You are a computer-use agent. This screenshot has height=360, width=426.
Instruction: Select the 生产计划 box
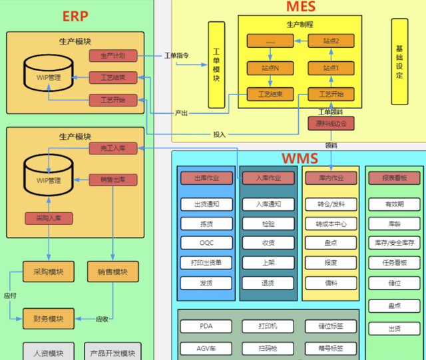click(x=113, y=55)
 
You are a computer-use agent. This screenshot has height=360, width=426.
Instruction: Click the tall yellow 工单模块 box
click(x=217, y=65)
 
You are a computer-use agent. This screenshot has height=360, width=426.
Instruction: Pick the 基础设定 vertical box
click(x=399, y=62)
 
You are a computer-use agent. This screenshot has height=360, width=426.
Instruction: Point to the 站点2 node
click(x=331, y=41)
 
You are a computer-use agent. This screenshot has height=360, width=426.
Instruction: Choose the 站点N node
click(x=270, y=68)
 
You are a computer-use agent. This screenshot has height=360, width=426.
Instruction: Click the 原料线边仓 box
click(x=331, y=123)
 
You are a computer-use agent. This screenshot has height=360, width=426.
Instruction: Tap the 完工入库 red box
click(x=113, y=148)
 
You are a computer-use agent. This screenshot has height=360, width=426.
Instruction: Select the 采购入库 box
click(x=49, y=218)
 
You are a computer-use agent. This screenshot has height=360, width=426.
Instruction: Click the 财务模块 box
click(x=48, y=319)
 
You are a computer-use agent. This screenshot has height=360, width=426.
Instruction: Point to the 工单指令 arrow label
click(x=176, y=55)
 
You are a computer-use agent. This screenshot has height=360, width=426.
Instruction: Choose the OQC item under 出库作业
click(x=206, y=243)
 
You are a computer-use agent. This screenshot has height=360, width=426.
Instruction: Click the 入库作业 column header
click(x=268, y=178)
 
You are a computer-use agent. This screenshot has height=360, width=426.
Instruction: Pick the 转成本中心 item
click(x=331, y=224)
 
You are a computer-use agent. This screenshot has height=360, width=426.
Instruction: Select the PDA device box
click(x=206, y=327)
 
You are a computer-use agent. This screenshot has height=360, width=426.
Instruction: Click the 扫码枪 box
click(x=268, y=348)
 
